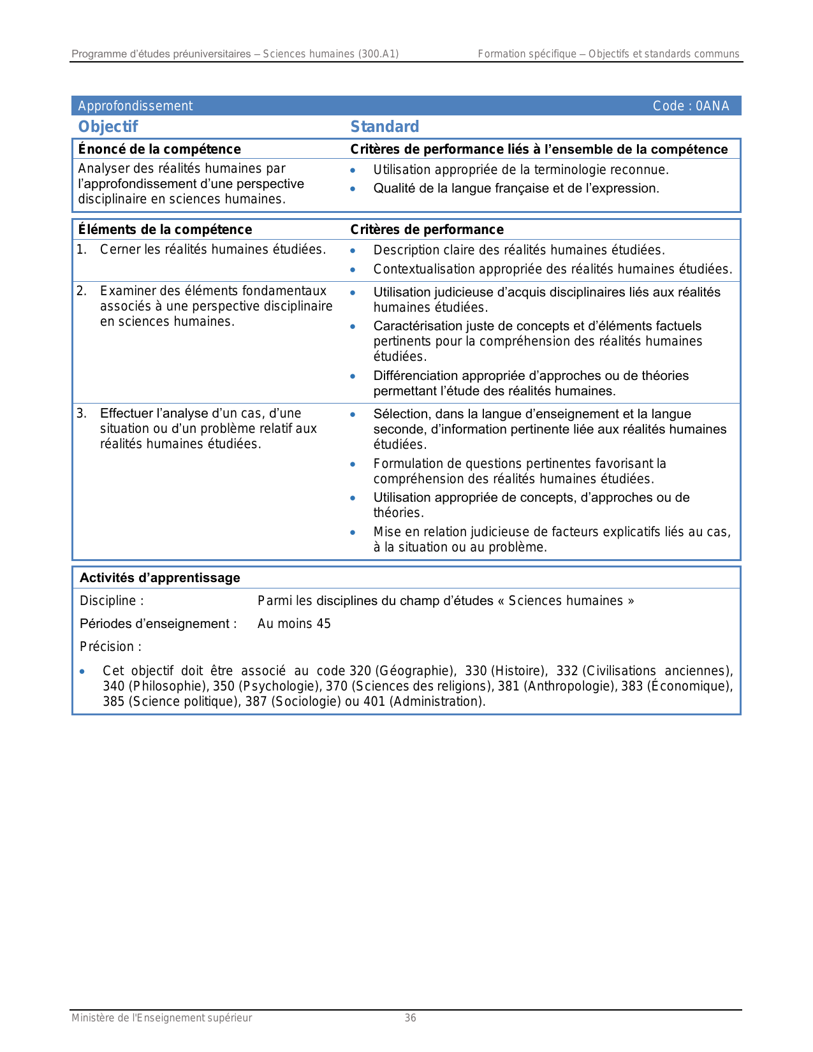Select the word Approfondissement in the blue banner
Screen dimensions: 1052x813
135,106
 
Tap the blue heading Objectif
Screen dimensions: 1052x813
108,126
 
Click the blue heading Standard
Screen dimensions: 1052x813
385,126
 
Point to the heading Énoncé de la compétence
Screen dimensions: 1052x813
159,149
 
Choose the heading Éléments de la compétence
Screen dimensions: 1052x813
165,230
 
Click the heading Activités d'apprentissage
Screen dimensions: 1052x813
160,578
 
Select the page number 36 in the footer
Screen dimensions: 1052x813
411,1018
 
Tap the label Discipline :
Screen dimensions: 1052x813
112,601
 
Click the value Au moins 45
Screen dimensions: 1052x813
294,624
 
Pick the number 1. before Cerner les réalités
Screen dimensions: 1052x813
81,249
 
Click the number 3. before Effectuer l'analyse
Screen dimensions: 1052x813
81,413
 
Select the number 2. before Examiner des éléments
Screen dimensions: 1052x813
81,291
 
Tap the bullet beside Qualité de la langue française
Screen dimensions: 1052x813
353,189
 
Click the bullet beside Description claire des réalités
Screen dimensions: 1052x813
353,251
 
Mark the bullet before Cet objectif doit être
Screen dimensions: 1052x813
82,671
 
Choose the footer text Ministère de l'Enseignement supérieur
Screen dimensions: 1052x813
161,1018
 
